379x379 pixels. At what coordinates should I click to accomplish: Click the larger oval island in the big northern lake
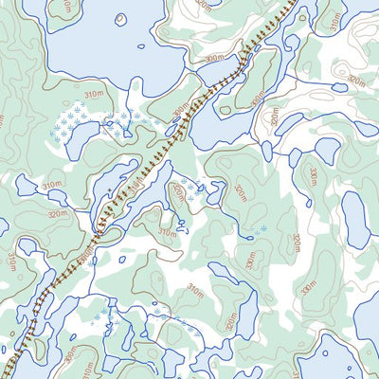click(x=121, y=18)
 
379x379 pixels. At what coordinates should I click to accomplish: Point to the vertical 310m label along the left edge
click(x=10, y=261)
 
